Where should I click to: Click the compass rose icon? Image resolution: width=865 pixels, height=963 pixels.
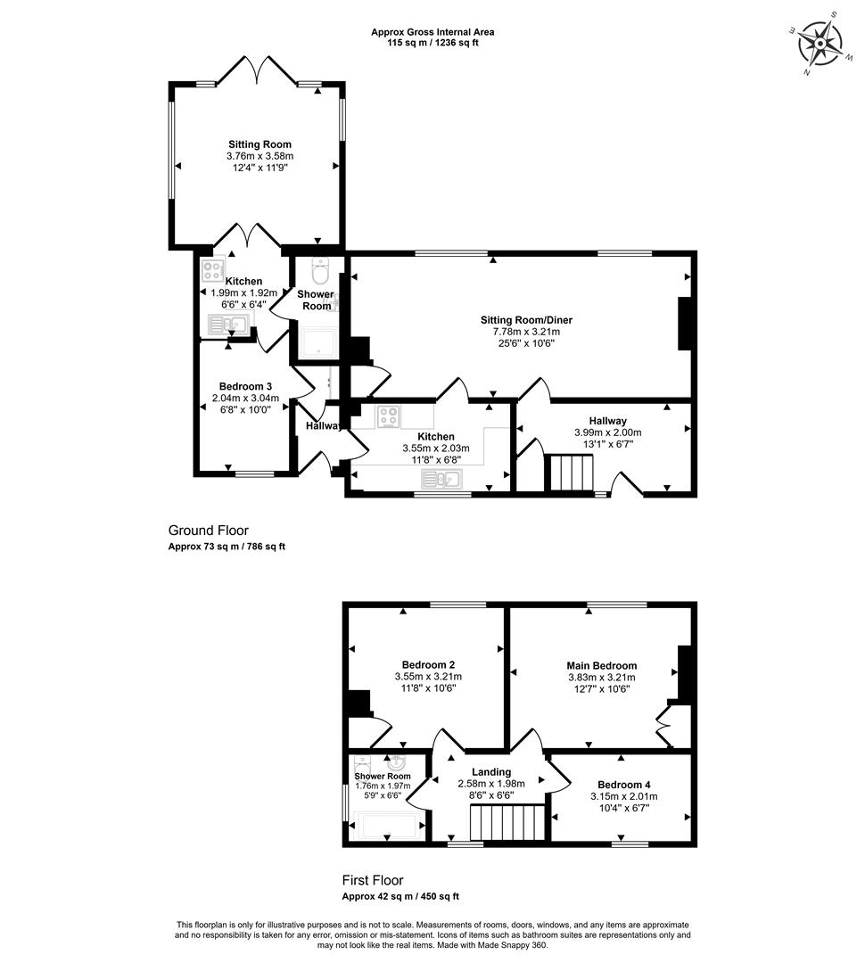coord(820,44)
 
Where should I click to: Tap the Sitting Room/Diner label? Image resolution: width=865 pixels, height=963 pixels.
coord(526,320)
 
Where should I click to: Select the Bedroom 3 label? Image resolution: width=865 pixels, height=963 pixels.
coord(245,386)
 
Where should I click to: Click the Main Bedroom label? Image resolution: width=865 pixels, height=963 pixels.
coord(601,666)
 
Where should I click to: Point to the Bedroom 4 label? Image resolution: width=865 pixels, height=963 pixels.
coord(623,785)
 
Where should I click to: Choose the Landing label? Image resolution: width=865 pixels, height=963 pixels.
coord(491,772)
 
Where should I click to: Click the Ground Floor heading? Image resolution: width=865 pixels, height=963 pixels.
coord(209,530)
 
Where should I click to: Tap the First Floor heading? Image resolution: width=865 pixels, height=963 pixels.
coord(372,880)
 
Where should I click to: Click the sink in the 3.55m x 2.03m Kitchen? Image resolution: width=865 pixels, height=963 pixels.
coord(441,479)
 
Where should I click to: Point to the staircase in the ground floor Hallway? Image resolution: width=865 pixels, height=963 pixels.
coord(572,473)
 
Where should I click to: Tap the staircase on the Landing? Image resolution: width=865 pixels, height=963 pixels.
coord(507,823)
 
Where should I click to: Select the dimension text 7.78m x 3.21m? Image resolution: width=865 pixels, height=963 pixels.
coord(526,332)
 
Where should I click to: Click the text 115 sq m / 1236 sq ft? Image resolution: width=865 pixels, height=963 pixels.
coord(432,43)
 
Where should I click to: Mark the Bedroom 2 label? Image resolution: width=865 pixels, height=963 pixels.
coord(428,665)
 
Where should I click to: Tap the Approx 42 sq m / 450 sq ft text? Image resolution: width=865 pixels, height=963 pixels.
coord(400,897)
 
